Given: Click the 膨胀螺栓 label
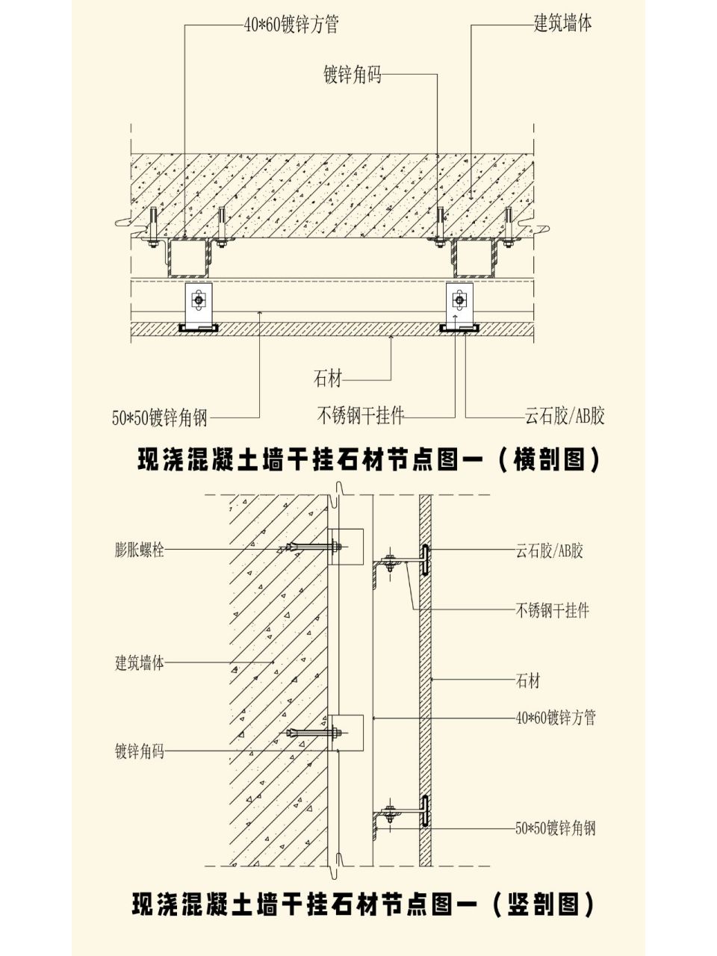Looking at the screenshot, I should point(140,550).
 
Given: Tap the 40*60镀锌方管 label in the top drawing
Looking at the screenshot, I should point(291,25).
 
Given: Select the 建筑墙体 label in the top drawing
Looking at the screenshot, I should point(562,23).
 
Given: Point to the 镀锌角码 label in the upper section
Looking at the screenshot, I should point(352,75).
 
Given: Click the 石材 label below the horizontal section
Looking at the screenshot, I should point(327,379).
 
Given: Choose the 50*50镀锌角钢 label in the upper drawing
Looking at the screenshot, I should point(159,418).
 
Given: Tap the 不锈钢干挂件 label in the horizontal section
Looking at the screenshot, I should point(361,415).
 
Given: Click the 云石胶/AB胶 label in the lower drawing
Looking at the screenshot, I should point(549,551).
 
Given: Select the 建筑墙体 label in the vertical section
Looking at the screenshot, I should point(140,662).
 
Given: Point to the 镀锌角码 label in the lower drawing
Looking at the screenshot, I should point(140,751).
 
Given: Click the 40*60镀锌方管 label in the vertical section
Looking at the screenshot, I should point(556,718).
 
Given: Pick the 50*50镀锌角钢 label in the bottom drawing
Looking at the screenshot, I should point(556,828).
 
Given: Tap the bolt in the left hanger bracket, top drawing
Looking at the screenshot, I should point(198,299).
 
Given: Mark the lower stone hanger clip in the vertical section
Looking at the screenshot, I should point(423,812).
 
